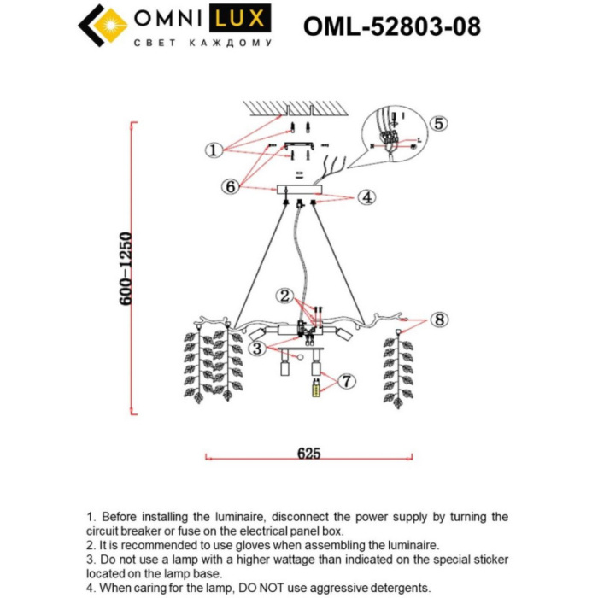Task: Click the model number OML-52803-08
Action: (x=391, y=27)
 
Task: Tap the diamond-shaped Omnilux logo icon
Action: (x=103, y=27)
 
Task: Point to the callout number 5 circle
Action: (x=437, y=124)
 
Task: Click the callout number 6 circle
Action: (x=230, y=186)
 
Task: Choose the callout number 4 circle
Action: (x=366, y=198)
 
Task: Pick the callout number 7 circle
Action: (x=345, y=381)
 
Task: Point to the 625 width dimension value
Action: (x=308, y=454)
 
